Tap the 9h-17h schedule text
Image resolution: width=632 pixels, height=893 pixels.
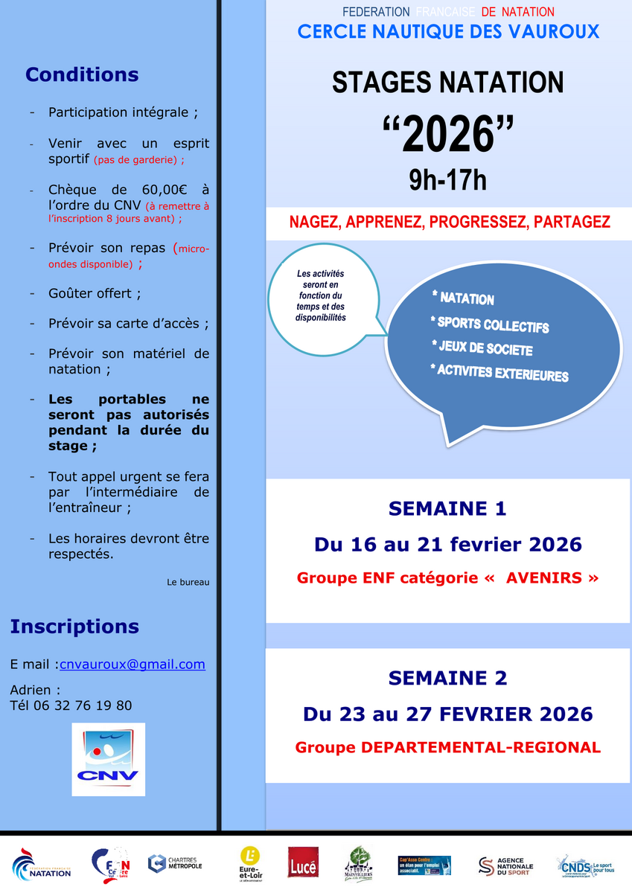448,180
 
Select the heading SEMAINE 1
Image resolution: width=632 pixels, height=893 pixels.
447,509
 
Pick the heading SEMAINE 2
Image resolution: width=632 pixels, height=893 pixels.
447,678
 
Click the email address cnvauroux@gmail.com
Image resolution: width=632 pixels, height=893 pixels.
132,665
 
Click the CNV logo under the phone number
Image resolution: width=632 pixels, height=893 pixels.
108,759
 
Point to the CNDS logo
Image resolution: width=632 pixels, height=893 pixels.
585,865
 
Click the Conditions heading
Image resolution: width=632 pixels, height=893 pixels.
82,75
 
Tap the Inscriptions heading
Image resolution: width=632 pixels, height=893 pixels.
74,627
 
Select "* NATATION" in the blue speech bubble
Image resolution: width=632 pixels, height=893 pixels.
462,298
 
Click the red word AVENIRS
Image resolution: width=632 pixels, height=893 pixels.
544,577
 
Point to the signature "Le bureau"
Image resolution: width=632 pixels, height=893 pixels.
188,582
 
